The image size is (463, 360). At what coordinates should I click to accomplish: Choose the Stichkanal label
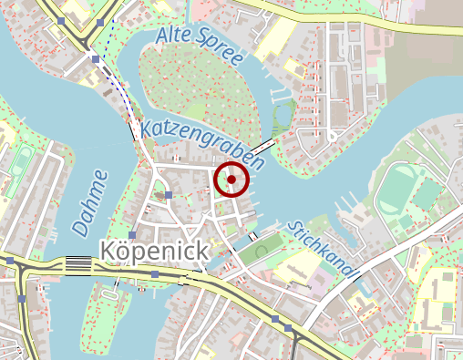[x=323, y=250]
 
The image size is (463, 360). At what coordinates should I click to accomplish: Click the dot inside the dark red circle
[x=231, y=180]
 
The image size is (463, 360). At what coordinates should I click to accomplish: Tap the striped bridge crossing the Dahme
[x=77, y=264]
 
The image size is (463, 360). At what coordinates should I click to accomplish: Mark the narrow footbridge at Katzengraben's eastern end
[x=263, y=146]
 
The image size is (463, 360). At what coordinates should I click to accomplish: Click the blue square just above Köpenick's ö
[x=133, y=235]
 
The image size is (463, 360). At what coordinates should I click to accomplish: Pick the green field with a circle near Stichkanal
[x=262, y=251]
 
